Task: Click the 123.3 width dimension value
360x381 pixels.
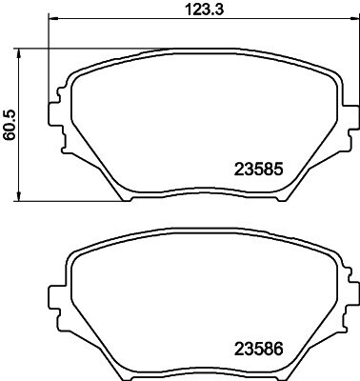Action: (x=204, y=10)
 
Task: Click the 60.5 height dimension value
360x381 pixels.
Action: (x=10, y=126)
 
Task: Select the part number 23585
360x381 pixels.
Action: (x=258, y=170)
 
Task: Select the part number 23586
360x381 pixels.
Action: (x=258, y=350)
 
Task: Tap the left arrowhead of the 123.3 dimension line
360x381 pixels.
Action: (x=53, y=18)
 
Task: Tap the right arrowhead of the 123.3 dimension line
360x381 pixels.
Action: (x=353, y=18)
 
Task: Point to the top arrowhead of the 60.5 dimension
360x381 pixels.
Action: (x=19, y=53)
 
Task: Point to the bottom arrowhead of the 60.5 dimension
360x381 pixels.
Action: (x=19, y=196)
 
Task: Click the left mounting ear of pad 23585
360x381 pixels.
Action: (x=54, y=113)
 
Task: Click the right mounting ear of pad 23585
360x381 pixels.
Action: (x=352, y=117)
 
